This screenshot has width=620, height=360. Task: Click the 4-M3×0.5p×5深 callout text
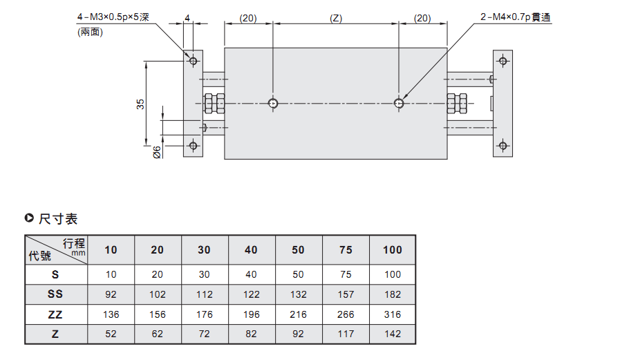(x=113, y=17)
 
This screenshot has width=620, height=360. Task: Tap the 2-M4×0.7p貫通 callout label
(x=516, y=17)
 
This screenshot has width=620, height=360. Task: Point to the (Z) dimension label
(x=336, y=18)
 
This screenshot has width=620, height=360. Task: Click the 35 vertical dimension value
(x=140, y=104)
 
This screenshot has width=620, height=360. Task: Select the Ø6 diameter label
(x=157, y=153)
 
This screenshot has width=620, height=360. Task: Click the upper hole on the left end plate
(x=194, y=61)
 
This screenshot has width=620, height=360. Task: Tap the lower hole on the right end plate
(x=503, y=145)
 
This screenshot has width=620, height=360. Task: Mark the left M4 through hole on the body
(x=273, y=104)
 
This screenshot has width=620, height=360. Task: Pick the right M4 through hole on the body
(x=399, y=104)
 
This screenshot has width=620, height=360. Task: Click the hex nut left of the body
(x=214, y=104)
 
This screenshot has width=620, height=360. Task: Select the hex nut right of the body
(x=457, y=104)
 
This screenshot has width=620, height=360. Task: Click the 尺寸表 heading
(x=58, y=218)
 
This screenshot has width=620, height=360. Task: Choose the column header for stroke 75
(x=346, y=249)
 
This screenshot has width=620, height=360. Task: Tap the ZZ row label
(x=55, y=314)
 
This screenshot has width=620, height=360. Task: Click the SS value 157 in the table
(x=346, y=294)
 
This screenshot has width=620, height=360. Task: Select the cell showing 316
(x=393, y=314)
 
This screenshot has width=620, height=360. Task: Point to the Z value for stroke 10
(x=111, y=334)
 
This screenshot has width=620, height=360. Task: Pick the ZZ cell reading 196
(x=251, y=314)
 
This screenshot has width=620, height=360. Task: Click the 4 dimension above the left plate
(x=187, y=18)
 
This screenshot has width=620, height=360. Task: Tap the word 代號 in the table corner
(x=40, y=256)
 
